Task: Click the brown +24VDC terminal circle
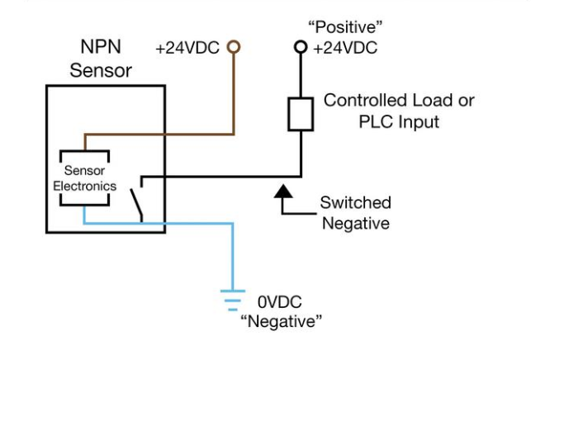click(x=234, y=47)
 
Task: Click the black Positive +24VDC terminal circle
click(x=301, y=47)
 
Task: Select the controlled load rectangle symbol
click(x=301, y=114)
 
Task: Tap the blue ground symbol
click(x=233, y=301)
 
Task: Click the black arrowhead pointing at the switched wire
click(x=283, y=192)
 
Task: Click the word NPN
click(x=101, y=46)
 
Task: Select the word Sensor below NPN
click(x=101, y=70)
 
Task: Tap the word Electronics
click(x=85, y=186)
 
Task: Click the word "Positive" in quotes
click(x=345, y=27)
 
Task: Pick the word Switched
click(x=356, y=202)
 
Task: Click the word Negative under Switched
click(x=356, y=223)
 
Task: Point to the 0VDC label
click(x=279, y=302)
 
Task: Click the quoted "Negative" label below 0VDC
click(x=282, y=321)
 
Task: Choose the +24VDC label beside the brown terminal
click(x=187, y=48)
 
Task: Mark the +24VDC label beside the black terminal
click(x=345, y=48)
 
